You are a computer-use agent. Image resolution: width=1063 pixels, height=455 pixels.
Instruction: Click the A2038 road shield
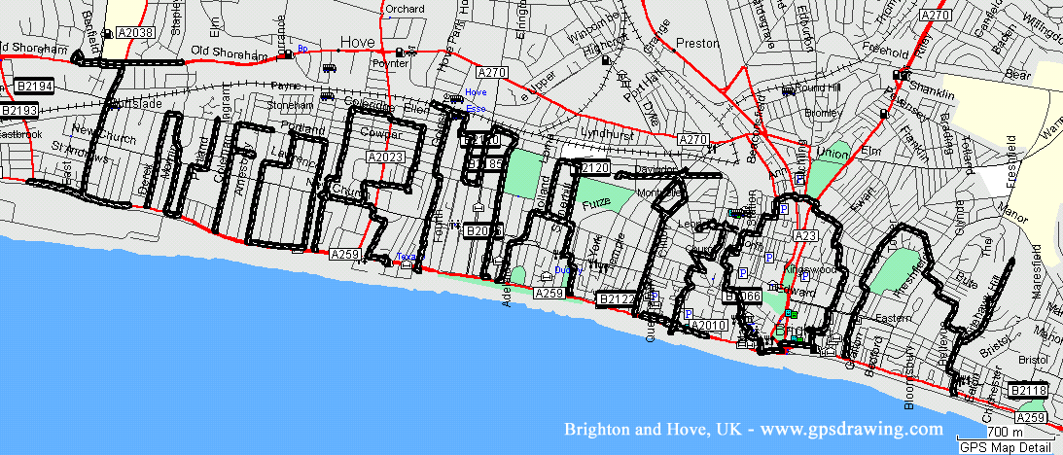pyautogui.click(x=134, y=33)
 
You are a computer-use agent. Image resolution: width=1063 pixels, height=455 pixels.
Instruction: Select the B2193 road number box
pyautogui.click(x=18, y=111)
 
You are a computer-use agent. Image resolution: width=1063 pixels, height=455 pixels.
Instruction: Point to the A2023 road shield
pyautogui.click(x=385, y=157)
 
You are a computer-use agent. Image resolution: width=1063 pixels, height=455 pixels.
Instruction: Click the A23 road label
pyautogui.click(x=805, y=235)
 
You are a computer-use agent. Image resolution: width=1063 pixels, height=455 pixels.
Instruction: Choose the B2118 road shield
pyautogui.click(x=1027, y=391)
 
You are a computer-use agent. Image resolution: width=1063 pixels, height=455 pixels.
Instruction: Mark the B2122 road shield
pyautogui.click(x=618, y=298)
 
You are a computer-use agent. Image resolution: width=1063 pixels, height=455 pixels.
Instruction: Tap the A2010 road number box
pyautogui.click(x=708, y=325)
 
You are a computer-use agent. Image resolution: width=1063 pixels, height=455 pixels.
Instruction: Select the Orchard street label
pyautogui.click(x=405, y=10)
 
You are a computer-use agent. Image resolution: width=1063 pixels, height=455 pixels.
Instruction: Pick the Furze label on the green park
pyautogui.click(x=593, y=204)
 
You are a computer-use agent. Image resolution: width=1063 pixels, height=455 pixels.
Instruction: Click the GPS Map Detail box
pyautogui.click(x=1006, y=447)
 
